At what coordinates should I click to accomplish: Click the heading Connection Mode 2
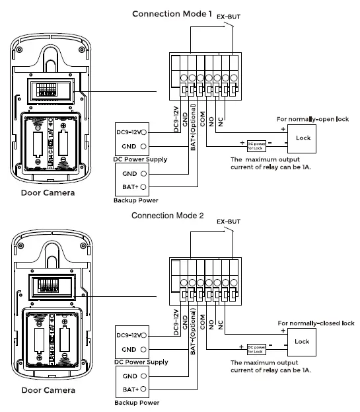tap(170, 216)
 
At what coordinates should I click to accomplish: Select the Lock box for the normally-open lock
tap(303, 138)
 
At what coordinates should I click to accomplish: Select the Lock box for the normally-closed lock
tap(302, 341)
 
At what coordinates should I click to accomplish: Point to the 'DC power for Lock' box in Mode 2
tap(257, 348)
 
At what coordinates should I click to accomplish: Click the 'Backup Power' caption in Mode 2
tap(137, 402)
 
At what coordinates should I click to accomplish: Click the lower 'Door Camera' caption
tap(48, 390)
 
